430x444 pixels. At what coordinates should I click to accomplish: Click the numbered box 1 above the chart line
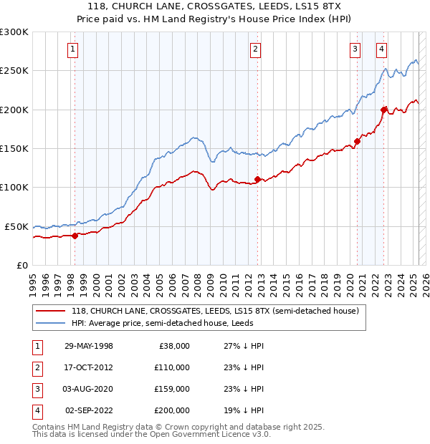[74, 49]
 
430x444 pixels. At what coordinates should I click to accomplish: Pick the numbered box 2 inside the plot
[255, 49]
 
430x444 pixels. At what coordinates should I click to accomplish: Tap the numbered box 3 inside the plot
[355, 49]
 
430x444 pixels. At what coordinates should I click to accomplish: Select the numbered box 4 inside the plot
[382, 49]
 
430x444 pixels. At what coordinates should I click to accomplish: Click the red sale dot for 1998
[75, 235]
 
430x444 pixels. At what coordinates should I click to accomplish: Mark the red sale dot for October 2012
[257, 179]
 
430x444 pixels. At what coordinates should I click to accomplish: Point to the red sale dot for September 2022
[384, 110]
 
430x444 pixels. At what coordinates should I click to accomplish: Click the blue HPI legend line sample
[52, 323]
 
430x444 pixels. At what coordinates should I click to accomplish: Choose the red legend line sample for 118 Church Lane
[52, 311]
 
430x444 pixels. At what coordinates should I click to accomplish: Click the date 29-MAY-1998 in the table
[89, 346]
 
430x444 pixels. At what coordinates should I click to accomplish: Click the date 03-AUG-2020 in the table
[89, 389]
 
